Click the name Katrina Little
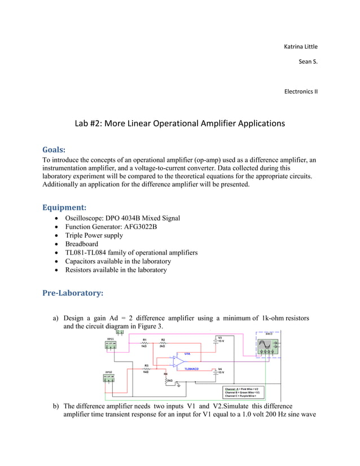[x=300, y=46]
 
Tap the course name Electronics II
[x=301, y=90]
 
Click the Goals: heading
[x=54, y=150]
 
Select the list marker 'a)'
[x=56, y=318]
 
